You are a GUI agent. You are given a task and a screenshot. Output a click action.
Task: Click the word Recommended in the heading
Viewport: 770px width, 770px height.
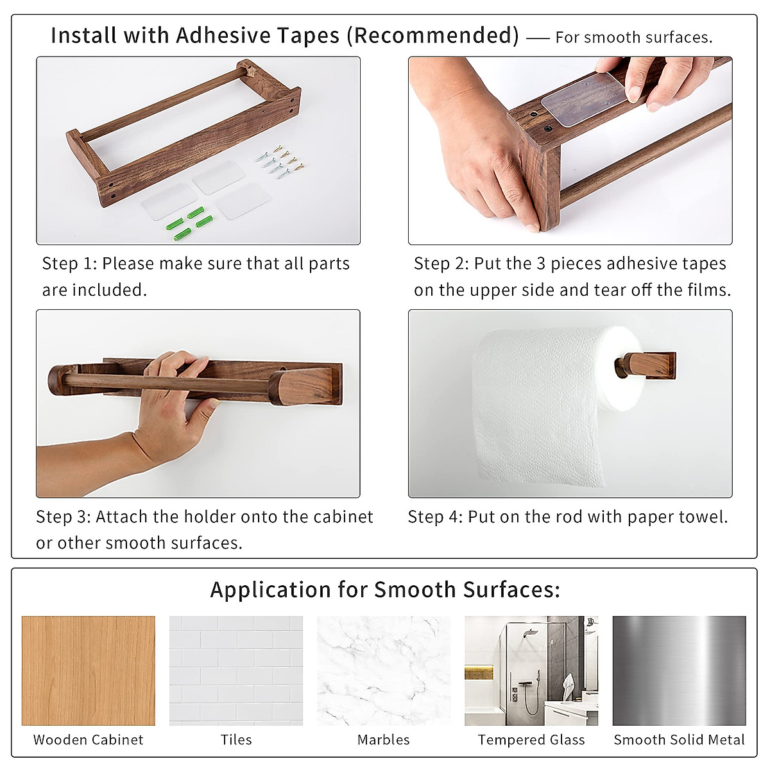click(436, 35)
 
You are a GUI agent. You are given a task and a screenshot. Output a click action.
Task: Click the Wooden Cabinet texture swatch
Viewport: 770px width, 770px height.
click(89, 671)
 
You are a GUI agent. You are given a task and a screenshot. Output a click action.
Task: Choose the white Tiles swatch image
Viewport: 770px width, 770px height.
click(236, 671)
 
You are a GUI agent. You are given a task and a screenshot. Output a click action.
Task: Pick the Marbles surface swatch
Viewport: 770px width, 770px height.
click(384, 671)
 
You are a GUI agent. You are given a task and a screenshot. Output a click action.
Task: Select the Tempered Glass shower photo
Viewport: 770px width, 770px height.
click(531, 671)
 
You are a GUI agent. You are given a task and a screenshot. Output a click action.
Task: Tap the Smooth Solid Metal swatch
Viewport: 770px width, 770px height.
click(679, 671)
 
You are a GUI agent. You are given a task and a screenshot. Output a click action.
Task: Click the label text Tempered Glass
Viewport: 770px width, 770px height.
click(531, 740)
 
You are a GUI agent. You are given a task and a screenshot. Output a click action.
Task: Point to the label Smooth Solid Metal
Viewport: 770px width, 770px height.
click(679, 740)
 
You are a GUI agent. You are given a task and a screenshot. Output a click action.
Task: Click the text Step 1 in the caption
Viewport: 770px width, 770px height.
click(67, 264)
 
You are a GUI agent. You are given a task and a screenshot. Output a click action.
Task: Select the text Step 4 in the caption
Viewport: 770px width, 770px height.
click(434, 517)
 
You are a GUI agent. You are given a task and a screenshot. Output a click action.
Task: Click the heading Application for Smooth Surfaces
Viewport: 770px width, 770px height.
click(385, 590)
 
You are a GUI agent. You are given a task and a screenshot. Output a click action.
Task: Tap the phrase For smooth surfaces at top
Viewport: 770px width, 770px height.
click(633, 38)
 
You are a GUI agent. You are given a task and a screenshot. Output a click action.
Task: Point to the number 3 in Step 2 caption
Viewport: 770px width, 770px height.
click(542, 264)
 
